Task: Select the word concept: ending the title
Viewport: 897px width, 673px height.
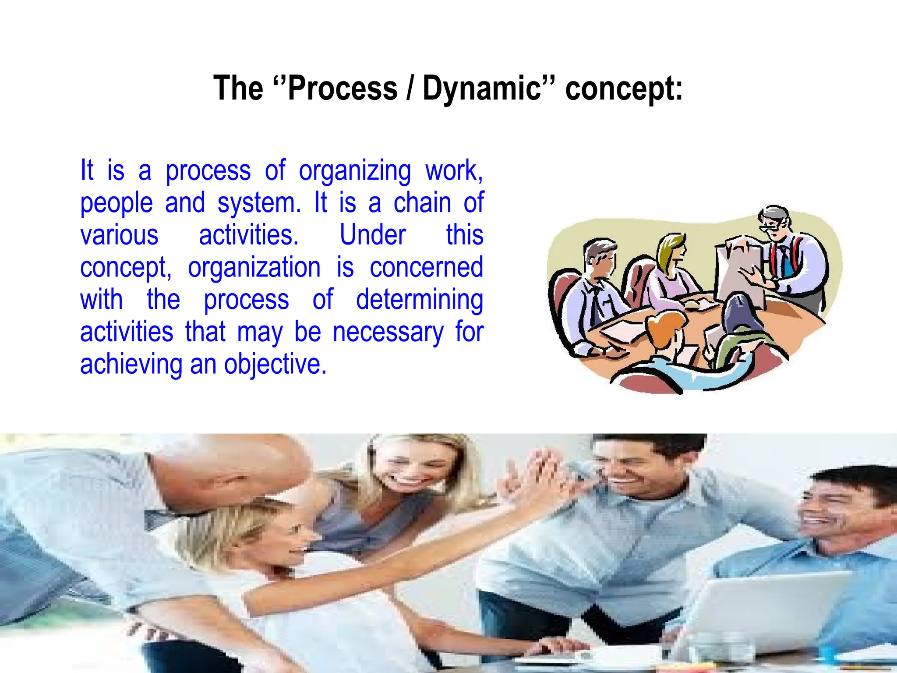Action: click(x=624, y=89)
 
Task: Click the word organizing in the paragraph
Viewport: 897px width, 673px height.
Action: click(x=355, y=171)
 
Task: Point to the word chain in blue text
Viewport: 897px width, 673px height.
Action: click(x=422, y=203)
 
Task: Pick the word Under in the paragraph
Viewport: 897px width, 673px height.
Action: click(x=373, y=235)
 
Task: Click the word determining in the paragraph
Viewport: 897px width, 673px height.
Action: click(x=419, y=300)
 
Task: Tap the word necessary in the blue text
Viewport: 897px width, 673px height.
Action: click(x=388, y=333)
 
